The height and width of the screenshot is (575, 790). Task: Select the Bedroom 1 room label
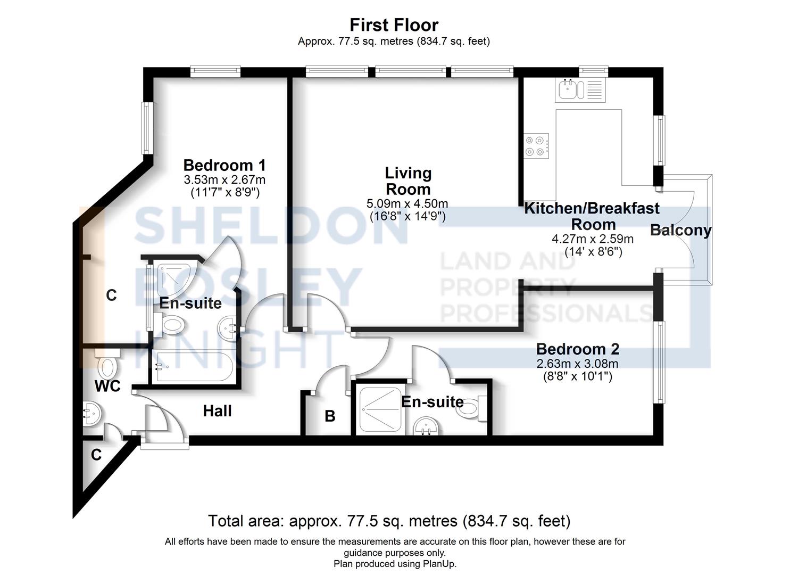(224, 165)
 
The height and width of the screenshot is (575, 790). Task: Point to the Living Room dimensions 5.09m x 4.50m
(407, 204)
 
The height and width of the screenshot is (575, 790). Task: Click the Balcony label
(680, 231)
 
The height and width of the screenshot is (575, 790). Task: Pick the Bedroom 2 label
(577, 349)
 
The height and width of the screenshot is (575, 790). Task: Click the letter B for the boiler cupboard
(330, 416)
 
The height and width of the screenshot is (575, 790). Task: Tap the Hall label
(217, 411)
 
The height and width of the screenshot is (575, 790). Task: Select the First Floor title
(394, 25)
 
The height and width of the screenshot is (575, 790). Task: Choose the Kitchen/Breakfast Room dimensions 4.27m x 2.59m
(592, 239)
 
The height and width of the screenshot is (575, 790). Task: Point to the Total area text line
(389, 521)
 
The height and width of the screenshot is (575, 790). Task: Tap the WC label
(107, 387)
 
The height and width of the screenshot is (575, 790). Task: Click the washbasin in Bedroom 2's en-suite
(426, 426)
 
